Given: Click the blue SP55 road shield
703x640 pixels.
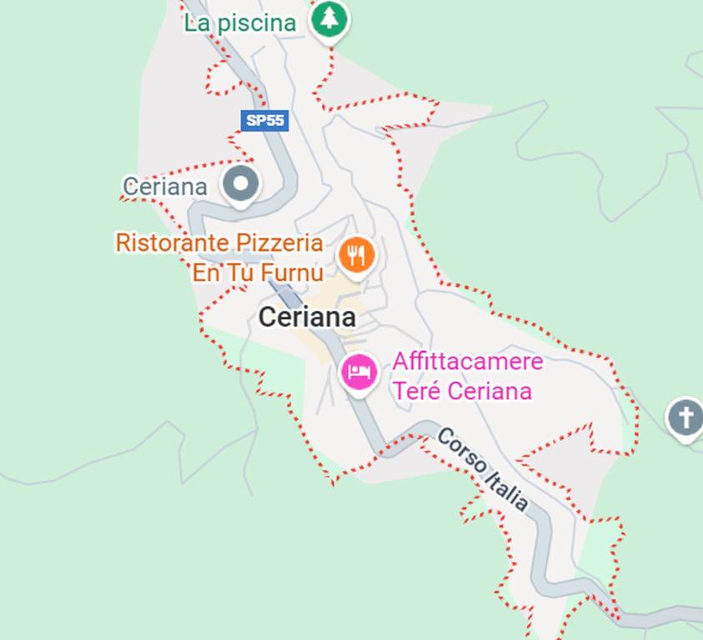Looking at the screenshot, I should click(x=264, y=121).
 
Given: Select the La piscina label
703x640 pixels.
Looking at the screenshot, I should click(x=240, y=22).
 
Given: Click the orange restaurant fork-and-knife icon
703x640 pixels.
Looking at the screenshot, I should click(x=357, y=254).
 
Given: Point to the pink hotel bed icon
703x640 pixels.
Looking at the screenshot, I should click(x=359, y=372).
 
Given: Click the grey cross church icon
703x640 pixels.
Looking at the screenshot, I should click(x=685, y=417).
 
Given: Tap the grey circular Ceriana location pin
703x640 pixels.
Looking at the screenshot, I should click(x=241, y=184).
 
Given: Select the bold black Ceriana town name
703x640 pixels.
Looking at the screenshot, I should click(x=307, y=317).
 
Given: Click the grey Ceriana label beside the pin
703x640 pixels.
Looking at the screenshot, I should click(x=164, y=187).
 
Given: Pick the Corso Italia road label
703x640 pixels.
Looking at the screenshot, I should click(x=483, y=469).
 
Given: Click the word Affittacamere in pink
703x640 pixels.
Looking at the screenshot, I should click(x=467, y=362).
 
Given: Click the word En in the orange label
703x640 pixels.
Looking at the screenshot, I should click(x=205, y=272).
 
